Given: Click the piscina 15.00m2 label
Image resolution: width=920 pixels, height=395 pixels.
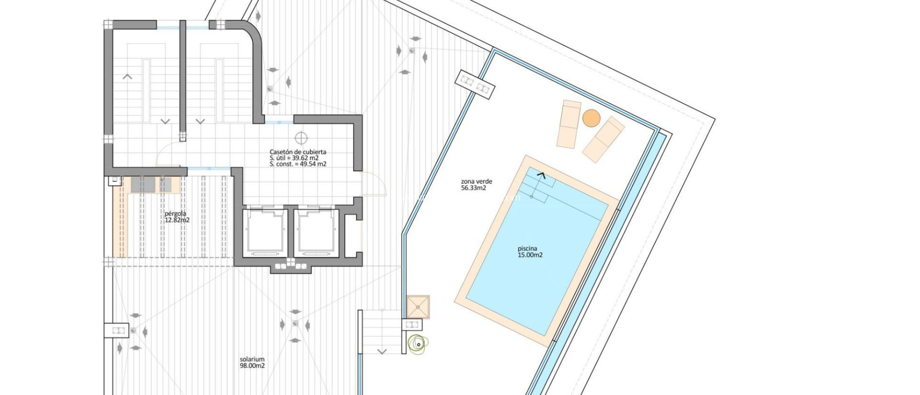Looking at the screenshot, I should [530, 252].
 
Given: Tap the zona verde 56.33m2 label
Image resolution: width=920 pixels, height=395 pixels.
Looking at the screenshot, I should [476, 184].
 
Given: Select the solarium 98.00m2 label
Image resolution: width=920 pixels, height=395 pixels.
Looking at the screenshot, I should [252, 362].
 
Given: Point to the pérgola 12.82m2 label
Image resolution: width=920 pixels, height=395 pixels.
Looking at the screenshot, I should [177, 217].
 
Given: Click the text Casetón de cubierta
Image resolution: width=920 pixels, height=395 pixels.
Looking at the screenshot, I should [298, 152].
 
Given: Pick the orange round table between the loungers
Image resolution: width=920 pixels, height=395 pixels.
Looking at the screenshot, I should [591, 118].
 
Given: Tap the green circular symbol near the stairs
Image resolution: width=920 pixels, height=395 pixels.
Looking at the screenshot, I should [418, 344].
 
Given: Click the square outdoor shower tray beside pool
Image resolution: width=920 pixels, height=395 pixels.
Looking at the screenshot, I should [418, 307].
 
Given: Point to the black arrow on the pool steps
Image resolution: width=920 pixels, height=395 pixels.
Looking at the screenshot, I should [541, 176].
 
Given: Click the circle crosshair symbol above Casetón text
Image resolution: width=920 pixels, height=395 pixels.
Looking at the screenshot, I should [301, 138].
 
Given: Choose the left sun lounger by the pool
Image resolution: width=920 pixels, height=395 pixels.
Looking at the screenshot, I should [569, 124].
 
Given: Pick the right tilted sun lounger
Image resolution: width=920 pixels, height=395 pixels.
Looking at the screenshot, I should [603, 139].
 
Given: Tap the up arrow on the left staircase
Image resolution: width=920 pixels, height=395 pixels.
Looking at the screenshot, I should [128, 77].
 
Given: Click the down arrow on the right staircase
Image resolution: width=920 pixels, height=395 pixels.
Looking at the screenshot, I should [200, 121].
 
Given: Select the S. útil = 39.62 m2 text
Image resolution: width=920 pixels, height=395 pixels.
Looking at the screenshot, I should [294, 158].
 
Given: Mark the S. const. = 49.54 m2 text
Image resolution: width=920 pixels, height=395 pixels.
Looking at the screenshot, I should [298, 164].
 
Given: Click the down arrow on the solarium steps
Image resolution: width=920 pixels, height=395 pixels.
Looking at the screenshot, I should [382, 351].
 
